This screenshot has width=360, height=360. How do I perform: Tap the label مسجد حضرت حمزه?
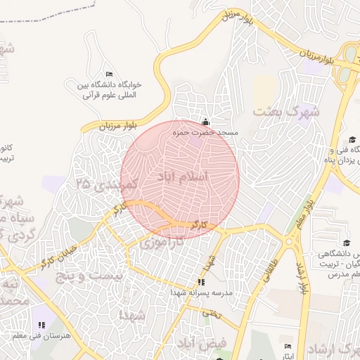tap(208, 132)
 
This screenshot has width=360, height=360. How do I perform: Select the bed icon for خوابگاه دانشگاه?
tap(108, 74)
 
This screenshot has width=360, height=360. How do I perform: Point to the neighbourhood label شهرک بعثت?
tap(286, 111)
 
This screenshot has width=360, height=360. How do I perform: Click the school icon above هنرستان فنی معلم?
tap(41, 325)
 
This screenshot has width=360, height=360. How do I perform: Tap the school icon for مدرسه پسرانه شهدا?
tap(202, 282)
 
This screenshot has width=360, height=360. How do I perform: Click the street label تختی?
tap(211, 314)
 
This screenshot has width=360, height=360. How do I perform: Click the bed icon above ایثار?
tap(288, 347)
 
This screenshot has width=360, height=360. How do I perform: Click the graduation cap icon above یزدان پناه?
tap(352, 140)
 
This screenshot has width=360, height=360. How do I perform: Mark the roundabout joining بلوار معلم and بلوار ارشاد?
tap(290, 241)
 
